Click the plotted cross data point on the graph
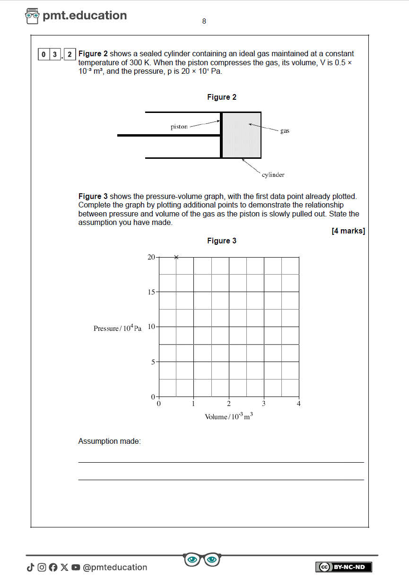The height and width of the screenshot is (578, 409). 176,257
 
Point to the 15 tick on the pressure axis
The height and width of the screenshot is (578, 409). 151,292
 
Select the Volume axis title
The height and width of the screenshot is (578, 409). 229,416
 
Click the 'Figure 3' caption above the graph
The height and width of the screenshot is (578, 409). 222,241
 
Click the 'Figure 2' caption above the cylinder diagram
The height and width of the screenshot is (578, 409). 222,97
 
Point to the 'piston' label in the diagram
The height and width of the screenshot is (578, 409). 179,127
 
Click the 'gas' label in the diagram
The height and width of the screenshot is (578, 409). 285,131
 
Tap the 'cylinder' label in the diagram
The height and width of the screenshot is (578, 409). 273,175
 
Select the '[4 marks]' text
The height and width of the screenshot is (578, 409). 348,231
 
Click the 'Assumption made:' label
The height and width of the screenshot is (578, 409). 110,441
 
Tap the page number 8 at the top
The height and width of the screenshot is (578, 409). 204,21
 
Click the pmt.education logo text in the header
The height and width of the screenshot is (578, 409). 85,16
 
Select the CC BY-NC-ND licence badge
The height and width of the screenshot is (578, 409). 344,567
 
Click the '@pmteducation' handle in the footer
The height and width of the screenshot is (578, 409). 115,567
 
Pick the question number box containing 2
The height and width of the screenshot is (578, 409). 70,54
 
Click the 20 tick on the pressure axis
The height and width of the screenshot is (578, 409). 151,257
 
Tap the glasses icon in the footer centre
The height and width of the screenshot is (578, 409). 202,560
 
